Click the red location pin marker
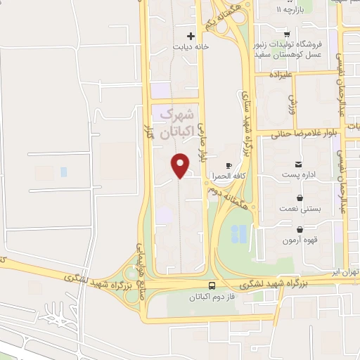(x=181, y=165)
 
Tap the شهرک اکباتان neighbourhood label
(x=175, y=122)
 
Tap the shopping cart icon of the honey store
(x=286, y=34)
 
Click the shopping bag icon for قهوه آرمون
(x=300, y=229)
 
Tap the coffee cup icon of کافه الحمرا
(x=228, y=165)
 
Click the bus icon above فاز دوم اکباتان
(x=212, y=285)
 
